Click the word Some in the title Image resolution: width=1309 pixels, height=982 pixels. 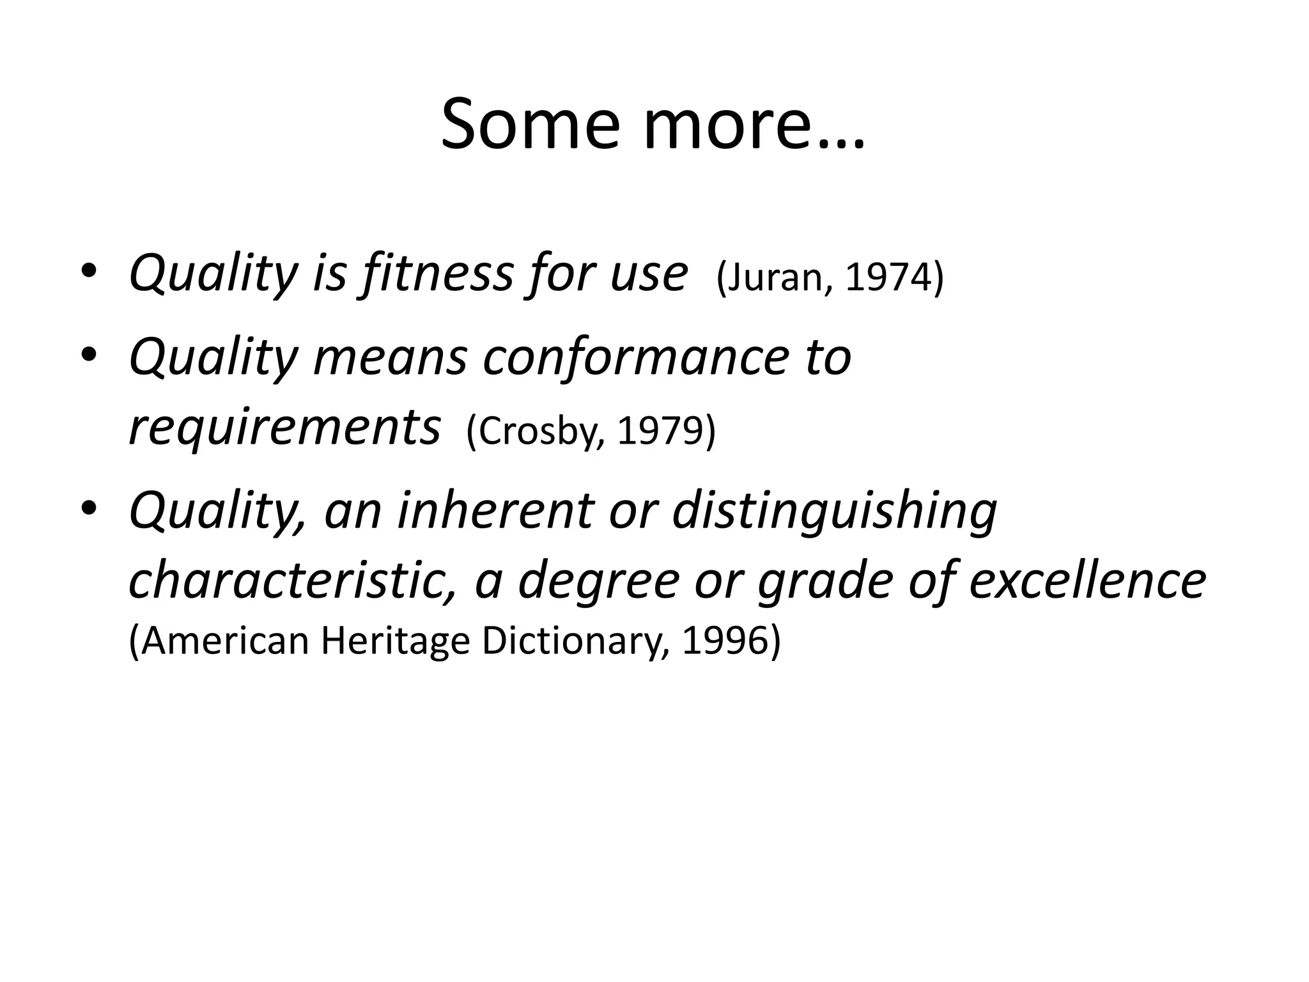coord(530,124)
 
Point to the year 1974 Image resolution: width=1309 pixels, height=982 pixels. coord(888,278)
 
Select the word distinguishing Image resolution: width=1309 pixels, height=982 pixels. coord(834,511)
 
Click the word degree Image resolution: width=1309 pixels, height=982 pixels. coord(598,581)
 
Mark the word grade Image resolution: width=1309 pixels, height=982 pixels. coord(825,581)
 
